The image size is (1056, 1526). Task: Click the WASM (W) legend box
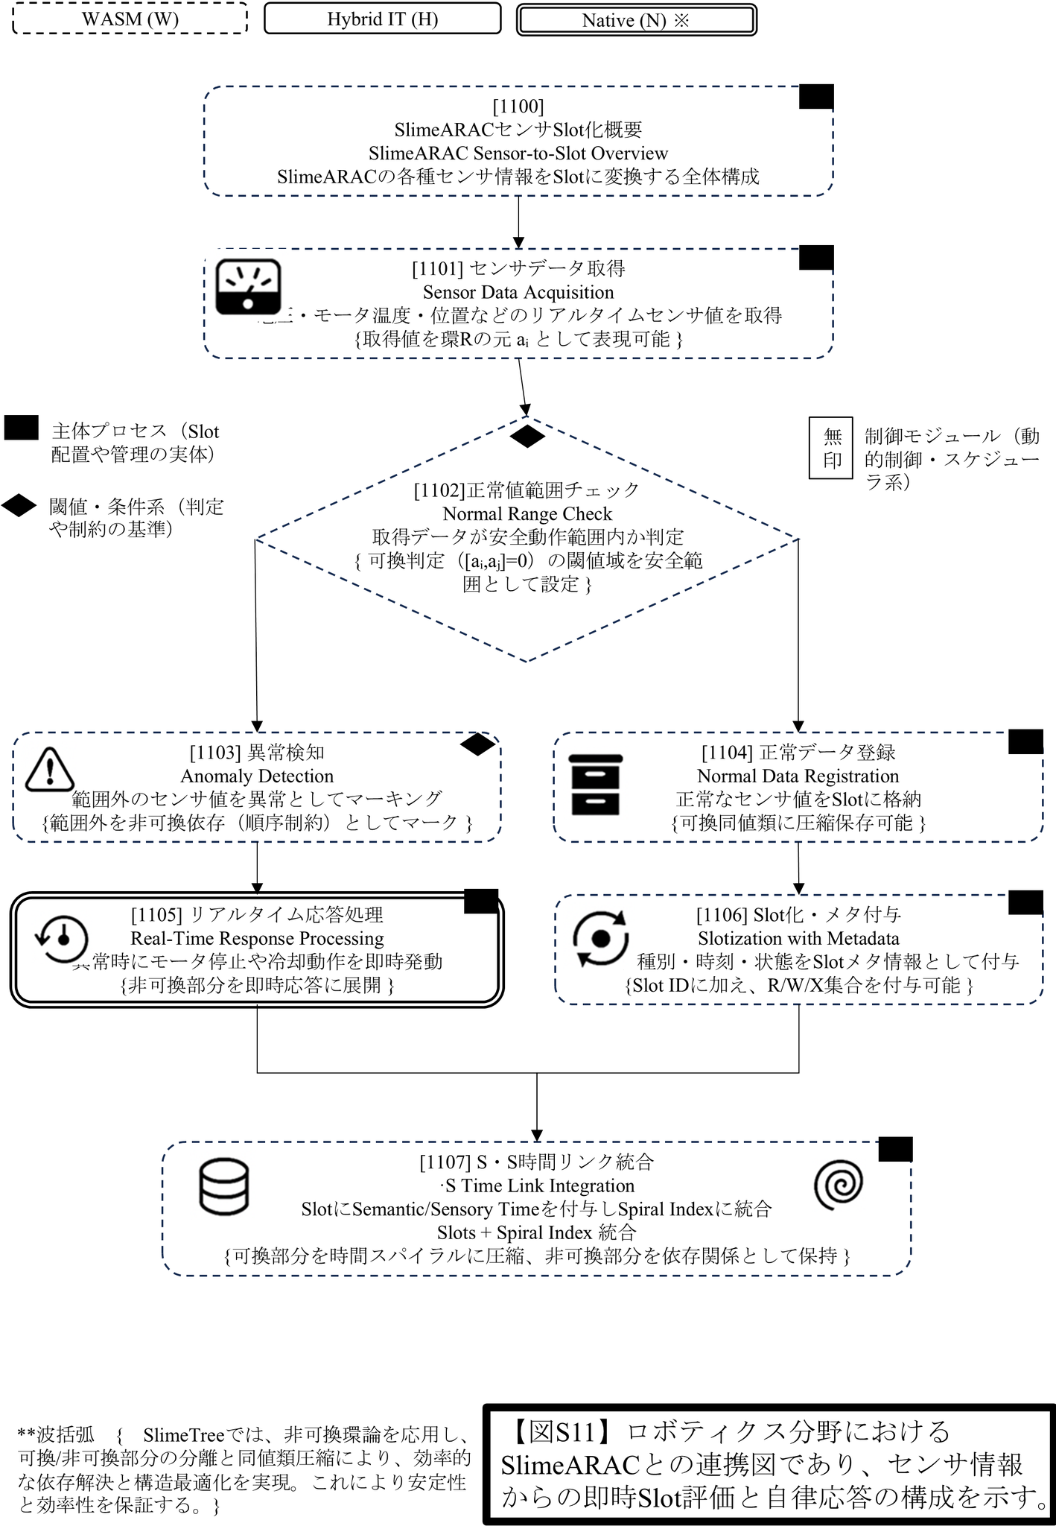[130, 19]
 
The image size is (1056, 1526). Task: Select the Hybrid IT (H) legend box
[382, 19]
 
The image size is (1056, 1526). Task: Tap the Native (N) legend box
[636, 20]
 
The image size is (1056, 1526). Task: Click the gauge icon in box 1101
[248, 287]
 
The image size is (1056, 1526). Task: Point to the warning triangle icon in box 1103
[49, 769]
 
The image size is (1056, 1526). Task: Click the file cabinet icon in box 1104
[595, 785]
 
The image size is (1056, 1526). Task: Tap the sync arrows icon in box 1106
[600, 938]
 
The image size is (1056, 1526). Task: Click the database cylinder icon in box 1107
[224, 1187]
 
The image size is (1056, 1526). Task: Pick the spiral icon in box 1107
[839, 1185]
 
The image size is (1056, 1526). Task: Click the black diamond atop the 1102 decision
[527, 437]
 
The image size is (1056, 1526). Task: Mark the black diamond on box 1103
[477, 744]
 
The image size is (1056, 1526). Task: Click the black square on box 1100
[816, 97]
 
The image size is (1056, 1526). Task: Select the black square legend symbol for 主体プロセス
[21, 428]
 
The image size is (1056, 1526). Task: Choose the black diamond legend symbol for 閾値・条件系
[19, 506]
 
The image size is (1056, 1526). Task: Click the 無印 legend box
[831, 448]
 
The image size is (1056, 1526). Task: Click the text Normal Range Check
[527, 513]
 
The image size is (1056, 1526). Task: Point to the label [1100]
[518, 106]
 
